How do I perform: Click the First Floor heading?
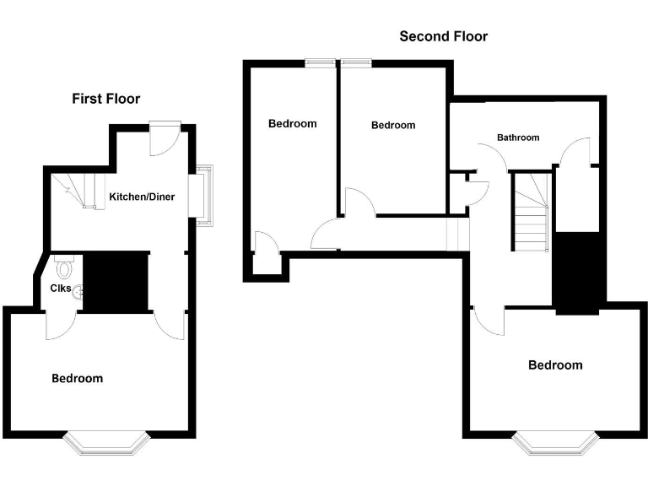tap(105, 99)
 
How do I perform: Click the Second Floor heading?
tap(443, 36)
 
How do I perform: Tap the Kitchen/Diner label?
tap(142, 197)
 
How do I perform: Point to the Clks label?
tap(60, 289)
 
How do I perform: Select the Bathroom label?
tap(517, 137)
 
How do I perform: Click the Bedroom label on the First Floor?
tap(78, 378)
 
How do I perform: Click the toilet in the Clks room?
tap(62, 268)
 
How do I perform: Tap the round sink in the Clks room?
tap(79, 293)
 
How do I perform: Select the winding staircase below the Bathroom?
tap(530, 211)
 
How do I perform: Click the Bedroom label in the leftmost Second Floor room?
tap(292, 123)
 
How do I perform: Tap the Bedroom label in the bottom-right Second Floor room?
tap(555, 365)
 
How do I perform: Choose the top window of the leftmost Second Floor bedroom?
tap(319, 61)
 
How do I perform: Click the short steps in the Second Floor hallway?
tap(456, 234)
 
